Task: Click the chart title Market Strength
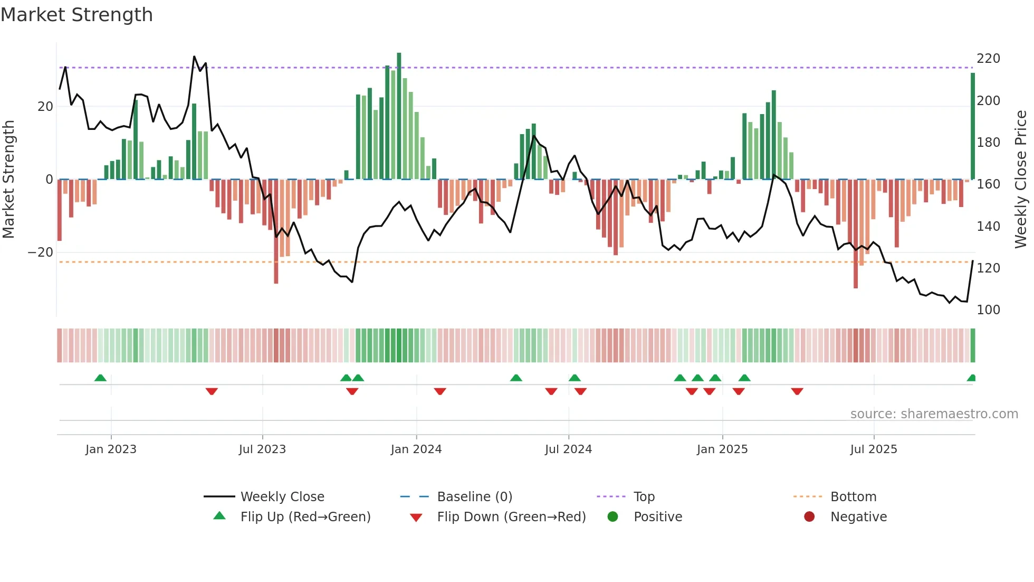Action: pos(76,15)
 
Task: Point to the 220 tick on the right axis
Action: pos(988,59)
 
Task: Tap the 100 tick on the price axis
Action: pos(988,310)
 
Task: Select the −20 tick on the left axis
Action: pos(41,252)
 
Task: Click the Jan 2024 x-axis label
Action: pos(416,449)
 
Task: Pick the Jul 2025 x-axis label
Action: pos(873,449)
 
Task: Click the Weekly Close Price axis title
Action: pos(1021,180)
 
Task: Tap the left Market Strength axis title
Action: pos(8,180)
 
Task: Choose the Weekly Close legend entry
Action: pos(282,497)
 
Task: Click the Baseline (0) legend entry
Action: pos(474,497)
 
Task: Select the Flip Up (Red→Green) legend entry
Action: pos(305,517)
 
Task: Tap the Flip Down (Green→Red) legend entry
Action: pos(511,517)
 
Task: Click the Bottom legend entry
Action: pos(853,497)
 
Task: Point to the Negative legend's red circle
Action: pos(809,517)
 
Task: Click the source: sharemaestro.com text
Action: pos(934,414)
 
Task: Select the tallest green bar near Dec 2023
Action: pos(399,116)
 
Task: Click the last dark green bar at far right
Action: pos(973,127)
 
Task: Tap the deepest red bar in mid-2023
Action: pos(276,232)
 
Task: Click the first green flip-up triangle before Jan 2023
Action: pos(100,378)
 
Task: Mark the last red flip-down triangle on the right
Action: pos(797,391)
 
